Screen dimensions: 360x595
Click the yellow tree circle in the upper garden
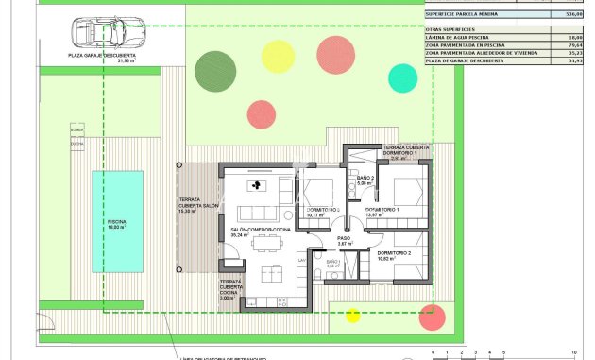pos(278,56)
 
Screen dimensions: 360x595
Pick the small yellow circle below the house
pos(352,315)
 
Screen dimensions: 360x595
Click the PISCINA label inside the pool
pos(116,223)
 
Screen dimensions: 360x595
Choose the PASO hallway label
pos(345,240)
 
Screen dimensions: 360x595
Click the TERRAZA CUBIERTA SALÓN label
pos(198,205)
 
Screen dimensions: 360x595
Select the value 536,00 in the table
pos(571,14)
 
